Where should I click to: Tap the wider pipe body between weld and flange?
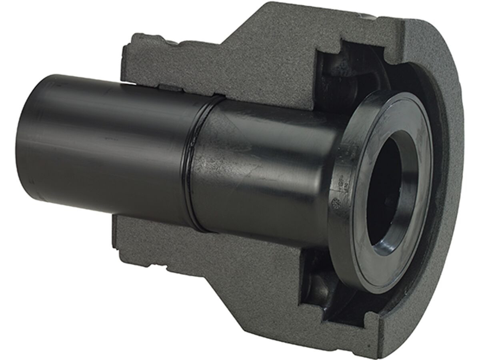(x=264, y=168)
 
